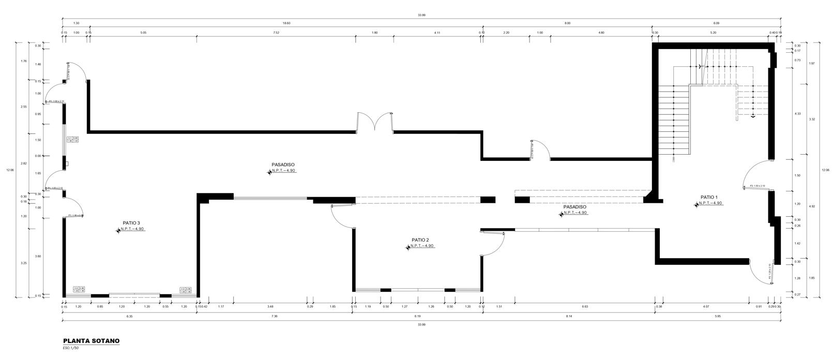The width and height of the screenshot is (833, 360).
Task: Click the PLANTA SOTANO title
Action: [x=91, y=341]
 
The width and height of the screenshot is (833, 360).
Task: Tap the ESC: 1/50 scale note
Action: [x=71, y=348]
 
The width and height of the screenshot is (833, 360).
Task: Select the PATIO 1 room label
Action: [x=709, y=197]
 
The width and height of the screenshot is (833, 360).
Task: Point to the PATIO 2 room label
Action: [x=420, y=240]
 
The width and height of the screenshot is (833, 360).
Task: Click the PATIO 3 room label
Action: [x=131, y=223]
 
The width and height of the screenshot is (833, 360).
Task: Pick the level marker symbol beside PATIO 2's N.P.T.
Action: [x=408, y=248]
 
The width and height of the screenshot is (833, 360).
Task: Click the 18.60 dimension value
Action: [x=286, y=23]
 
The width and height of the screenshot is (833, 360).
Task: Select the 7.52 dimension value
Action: [x=276, y=33]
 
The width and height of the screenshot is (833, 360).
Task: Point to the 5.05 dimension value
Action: [x=143, y=33]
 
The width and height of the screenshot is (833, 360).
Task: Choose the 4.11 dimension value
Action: [x=437, y=33]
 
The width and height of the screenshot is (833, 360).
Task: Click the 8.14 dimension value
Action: [x=569, y=316]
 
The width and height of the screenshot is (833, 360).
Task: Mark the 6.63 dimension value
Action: [x=585, y=307]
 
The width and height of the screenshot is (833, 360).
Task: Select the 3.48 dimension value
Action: [x=270, y=307]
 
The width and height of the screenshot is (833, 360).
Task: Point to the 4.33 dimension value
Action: [x=797, y=114]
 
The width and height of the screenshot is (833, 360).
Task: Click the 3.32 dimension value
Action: [x=811, y=119]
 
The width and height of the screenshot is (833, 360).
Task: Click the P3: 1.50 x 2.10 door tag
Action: [x=757, y=186]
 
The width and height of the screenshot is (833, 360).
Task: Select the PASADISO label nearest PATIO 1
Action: [x=574, y=206]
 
